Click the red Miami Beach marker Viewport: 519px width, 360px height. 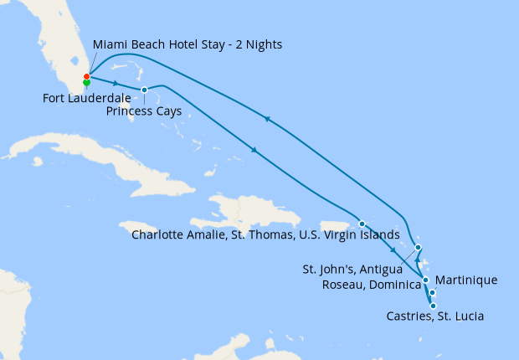(86, 76)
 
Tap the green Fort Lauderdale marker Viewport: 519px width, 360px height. (86, 83)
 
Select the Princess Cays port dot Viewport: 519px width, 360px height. (144, 90)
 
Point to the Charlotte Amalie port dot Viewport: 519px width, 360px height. (361, 224)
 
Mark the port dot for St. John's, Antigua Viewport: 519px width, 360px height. (418, 247)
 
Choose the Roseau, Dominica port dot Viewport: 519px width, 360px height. (425, 280)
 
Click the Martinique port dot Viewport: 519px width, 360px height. (432, 292)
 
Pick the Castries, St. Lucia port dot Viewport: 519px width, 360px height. (433, 306)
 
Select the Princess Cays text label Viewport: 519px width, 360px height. (144, 111)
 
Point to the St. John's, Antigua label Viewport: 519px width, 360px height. (351, 270)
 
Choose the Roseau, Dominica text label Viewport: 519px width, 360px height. (371, 285)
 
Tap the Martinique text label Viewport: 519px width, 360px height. (467, 280)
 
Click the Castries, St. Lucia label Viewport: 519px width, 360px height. (435, 316)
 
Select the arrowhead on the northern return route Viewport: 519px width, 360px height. (267, 120)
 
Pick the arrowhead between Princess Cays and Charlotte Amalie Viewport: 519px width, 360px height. (254, 151)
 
